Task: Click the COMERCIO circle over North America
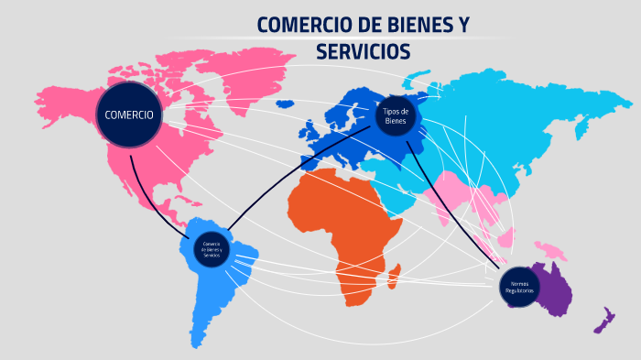click(x=130, y=115)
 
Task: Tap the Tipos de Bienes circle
click(x=396, y=115)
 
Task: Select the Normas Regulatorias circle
click(x=517, y=288)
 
